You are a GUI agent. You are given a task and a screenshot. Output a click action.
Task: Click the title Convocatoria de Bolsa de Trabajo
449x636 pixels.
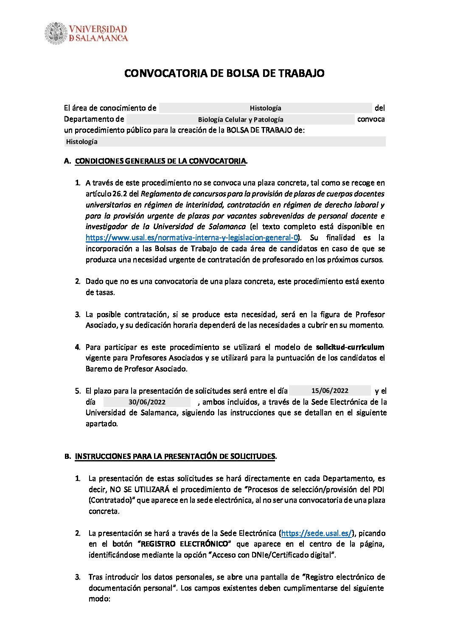coord(224,73)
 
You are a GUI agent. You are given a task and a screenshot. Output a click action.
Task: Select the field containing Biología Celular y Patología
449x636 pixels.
coord(240,120)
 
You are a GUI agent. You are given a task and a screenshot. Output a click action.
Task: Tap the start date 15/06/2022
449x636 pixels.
coord(330,391)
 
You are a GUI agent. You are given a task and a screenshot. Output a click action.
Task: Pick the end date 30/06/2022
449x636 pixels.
coord(147,402)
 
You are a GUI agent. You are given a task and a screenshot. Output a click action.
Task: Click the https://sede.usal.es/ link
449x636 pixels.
coord(317,533)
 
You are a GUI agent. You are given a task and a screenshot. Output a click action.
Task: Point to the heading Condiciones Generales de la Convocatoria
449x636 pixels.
coord(161,161)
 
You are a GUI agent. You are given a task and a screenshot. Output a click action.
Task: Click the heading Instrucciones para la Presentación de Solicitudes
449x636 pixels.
coord(175,456)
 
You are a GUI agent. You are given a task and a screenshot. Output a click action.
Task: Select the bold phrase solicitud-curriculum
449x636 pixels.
coord(350,347)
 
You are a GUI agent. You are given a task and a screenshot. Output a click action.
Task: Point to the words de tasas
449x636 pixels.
coord(100,292)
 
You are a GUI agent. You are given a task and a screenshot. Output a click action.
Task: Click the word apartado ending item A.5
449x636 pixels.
coord(101,424)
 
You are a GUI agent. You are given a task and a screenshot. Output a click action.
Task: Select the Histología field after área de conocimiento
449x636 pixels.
coord(265,108)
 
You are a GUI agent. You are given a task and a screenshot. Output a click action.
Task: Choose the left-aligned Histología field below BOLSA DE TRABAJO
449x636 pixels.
coord(81,142)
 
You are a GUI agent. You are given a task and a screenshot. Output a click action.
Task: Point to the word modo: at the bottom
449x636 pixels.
coord(99,599)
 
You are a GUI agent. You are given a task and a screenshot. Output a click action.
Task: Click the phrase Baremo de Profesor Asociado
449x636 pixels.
coord(136,369)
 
